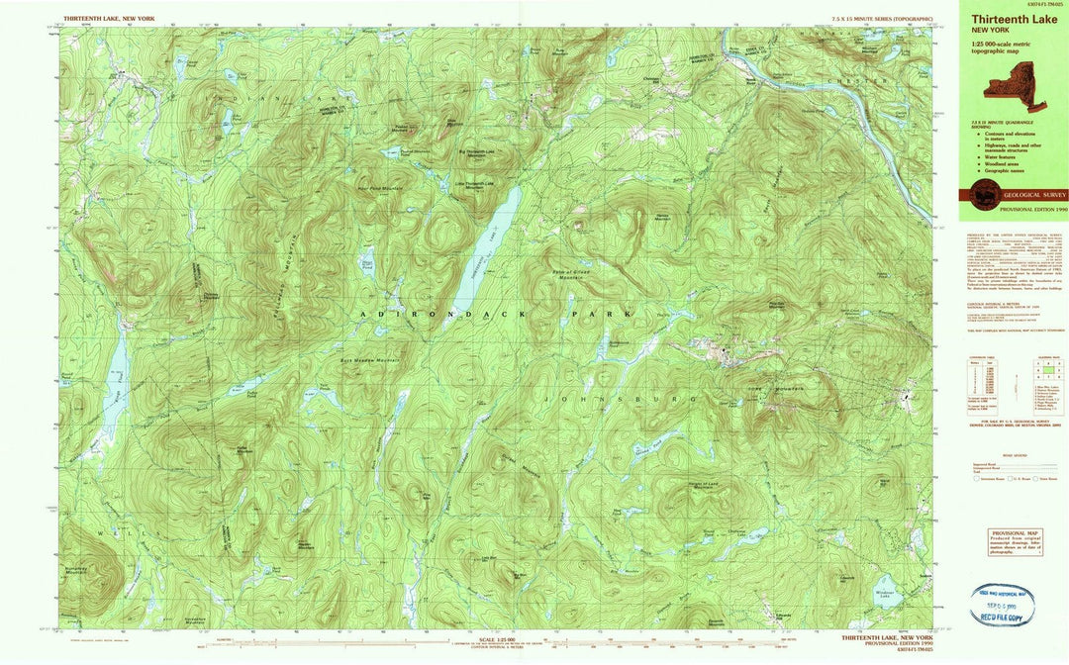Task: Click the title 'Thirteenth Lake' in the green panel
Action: (1001, 18)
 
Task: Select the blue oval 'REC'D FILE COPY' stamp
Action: (1002, 604)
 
